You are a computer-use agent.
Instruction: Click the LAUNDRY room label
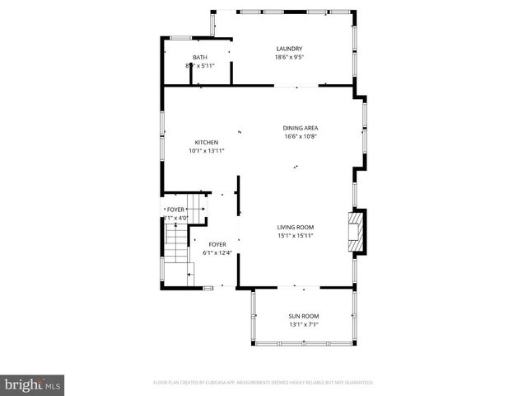(289, 49)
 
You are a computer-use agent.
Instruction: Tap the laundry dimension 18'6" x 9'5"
(289, 58)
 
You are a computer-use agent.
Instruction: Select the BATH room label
(200, 57)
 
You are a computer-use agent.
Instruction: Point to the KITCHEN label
(206, 142)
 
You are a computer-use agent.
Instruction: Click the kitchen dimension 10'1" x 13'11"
(206, 151)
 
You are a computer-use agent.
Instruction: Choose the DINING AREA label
(301, 128)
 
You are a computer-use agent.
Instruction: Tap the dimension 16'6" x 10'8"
(301, 137)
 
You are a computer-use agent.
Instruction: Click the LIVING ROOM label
(295, 227)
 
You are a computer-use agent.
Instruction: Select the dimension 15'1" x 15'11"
(295, 236)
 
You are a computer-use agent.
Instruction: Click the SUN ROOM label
(304, 316)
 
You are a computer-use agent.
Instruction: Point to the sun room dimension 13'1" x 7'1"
(304, 325)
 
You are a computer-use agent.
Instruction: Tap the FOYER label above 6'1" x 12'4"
(217, 244)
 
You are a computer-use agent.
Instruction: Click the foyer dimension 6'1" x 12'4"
(217, 253)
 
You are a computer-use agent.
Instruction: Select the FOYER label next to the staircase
(176, 210)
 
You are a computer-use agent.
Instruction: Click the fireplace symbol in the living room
(356, 232)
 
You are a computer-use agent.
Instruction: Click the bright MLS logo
(33, 384)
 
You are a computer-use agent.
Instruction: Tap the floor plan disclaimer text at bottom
(263, 383)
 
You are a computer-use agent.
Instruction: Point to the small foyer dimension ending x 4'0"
(176, 218)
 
